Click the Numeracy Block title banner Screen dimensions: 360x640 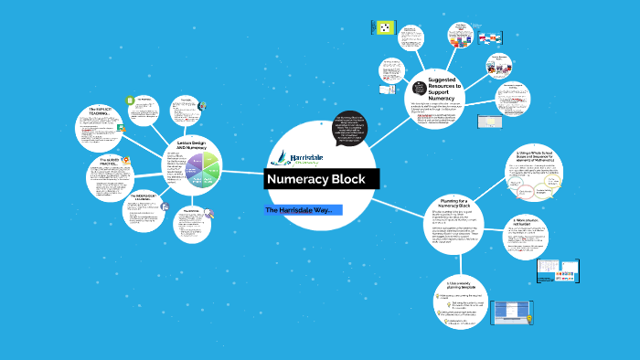point(322,179)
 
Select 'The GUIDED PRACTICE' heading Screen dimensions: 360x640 point(106,164)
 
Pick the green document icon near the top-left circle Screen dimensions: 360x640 point(133,99)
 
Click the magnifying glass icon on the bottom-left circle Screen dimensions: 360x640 point(209,216)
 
